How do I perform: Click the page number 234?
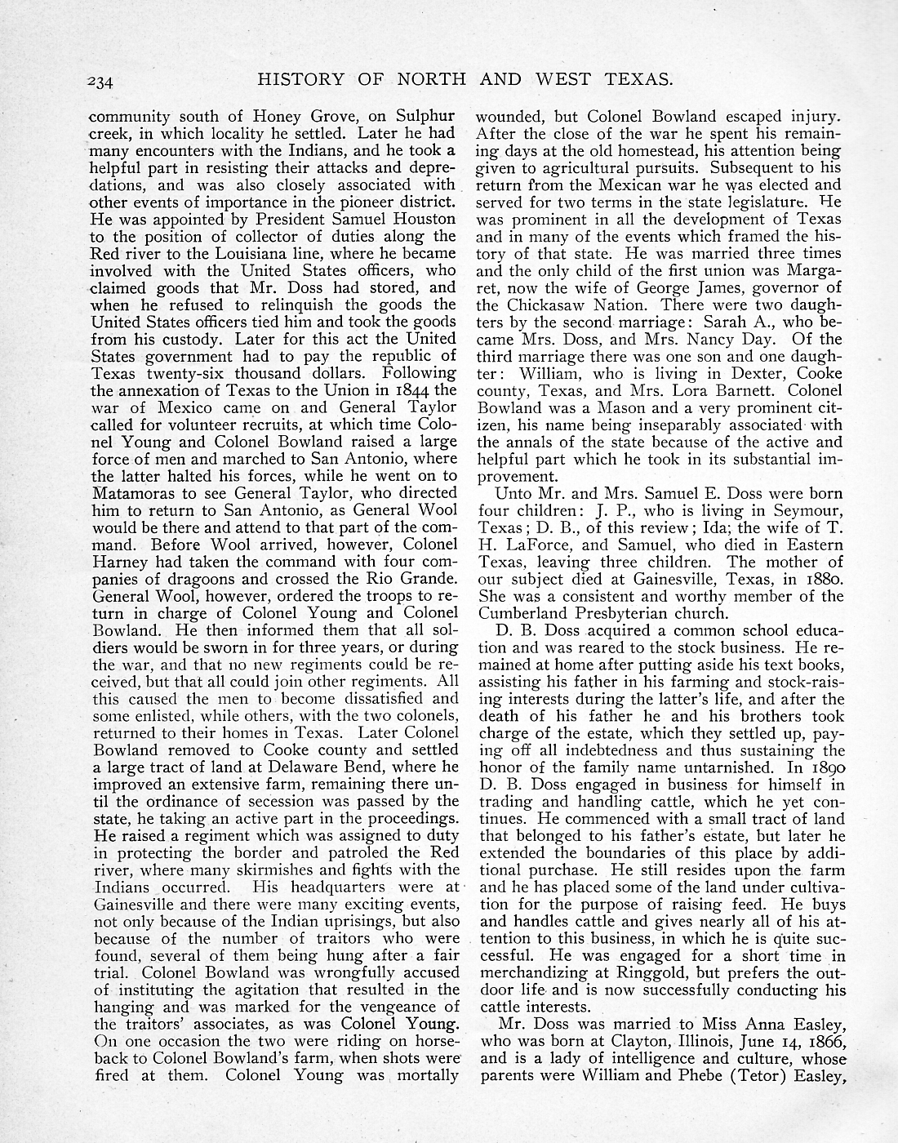point(105,81)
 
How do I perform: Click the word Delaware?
point(278,767)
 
